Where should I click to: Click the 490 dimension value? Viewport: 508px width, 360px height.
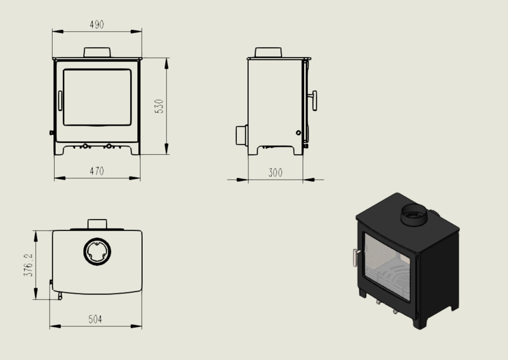tap(97, 25)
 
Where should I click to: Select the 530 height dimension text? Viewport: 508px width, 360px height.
tap(159, 106)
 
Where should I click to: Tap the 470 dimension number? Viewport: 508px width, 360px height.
tap(97, 171)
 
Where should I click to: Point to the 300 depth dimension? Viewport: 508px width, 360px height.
tap(276, 173)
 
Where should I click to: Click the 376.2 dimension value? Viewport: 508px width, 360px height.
tap(28, 265)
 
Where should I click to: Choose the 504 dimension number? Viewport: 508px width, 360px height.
tap(95, 319)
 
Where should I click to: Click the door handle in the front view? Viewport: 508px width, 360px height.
tap(60, 101)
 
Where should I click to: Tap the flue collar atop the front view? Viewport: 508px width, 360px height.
tap(97, 53)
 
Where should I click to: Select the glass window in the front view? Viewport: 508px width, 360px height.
tap(97, 97)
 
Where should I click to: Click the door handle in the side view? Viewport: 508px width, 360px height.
tap(313, 101)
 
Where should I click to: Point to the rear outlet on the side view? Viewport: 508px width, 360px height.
tap(241, 135)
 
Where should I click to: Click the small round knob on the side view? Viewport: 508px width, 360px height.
tap(298, 133)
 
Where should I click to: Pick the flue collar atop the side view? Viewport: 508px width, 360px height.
tap(268, 53)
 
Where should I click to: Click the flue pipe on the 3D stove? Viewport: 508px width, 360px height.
tap(415, 215)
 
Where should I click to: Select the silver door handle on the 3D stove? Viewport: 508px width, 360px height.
tap(356, 258)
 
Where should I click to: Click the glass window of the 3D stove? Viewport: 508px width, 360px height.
tap(387, 268)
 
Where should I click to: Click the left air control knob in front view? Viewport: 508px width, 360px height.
tap(85, 147)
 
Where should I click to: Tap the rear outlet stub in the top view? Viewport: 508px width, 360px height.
tap(97, 224)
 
